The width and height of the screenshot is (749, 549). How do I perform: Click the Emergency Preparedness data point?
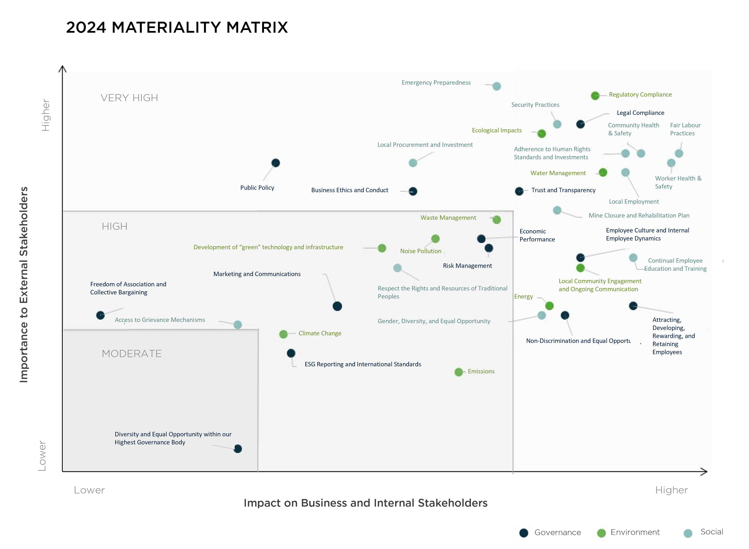pyautogui.click(x=496, y=86)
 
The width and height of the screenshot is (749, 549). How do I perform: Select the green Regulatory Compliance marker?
pyautogui.click(x=595, y=96)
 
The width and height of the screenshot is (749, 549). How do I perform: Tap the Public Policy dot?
pyautogui.click(x=275, y=163)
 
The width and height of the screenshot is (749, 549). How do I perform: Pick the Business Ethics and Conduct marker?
pyautogui.click(x=413, y=191)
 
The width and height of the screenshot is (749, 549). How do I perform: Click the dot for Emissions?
pyautogui.click(x=459, y=372)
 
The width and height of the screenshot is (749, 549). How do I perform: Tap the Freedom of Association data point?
pyautogui.click(x=100, y=315)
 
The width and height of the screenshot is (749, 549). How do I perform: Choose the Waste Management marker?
pyautogui.click(x=496, y=220)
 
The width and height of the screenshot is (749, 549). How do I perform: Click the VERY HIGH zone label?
pyautogui.click(x=129, y=98)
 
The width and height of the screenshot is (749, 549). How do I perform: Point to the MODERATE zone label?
pyautogui.click(x=132, y=354)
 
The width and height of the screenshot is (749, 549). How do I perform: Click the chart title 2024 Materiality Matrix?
pyautogui.click(x=177, y=27)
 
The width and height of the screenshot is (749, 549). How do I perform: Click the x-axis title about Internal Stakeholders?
pyautogui.click(x=365, y=503)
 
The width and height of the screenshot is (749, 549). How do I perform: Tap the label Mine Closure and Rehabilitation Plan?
pyautogui.click(x=639, y=215)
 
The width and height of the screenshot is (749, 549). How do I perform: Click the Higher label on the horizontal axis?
pyautogui.click(x=671, y=490)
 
